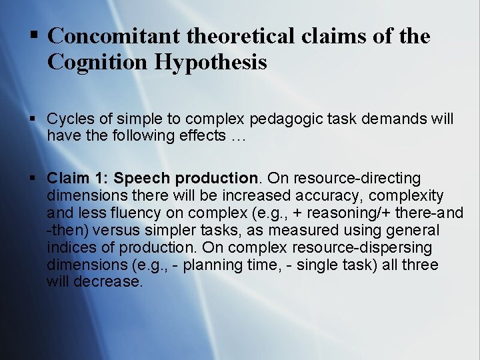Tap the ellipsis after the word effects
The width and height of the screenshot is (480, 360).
pyautogui.click(x=238, y=137)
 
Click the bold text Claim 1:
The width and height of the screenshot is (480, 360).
pyautogui.click(x=78, y=179)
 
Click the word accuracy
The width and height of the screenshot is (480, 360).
pyautogui.click(x=325, y=196)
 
